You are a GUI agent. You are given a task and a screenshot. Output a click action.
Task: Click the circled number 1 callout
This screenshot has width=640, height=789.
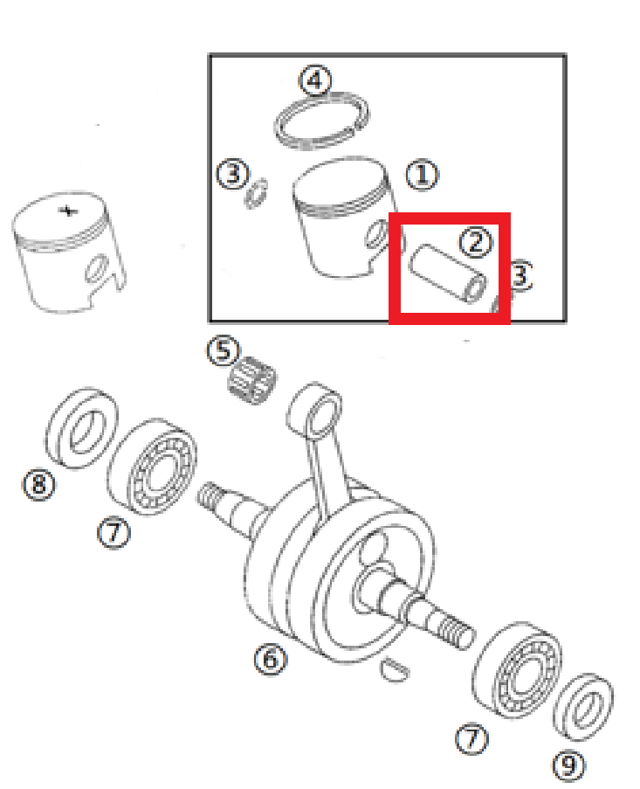423,176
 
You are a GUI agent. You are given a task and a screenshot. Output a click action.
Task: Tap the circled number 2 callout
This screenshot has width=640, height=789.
476,242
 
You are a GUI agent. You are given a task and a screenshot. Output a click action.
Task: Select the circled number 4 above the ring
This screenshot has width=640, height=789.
315,80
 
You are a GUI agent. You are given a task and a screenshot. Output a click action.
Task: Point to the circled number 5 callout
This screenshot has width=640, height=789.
223,351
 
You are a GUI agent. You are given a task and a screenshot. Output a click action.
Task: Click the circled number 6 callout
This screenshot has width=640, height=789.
270,658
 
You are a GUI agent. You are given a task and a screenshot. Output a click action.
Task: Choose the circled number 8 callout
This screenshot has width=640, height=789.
39,484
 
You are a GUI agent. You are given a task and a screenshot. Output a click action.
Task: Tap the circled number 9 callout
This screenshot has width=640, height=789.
568,766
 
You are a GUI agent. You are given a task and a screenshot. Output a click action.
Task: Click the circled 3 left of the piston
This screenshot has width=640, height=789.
232,175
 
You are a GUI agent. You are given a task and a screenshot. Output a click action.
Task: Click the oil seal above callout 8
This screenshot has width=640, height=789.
83,428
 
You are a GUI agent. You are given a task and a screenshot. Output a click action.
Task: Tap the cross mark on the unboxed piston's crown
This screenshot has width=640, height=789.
68,211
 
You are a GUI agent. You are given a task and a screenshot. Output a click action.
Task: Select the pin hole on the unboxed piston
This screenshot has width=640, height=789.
95,270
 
